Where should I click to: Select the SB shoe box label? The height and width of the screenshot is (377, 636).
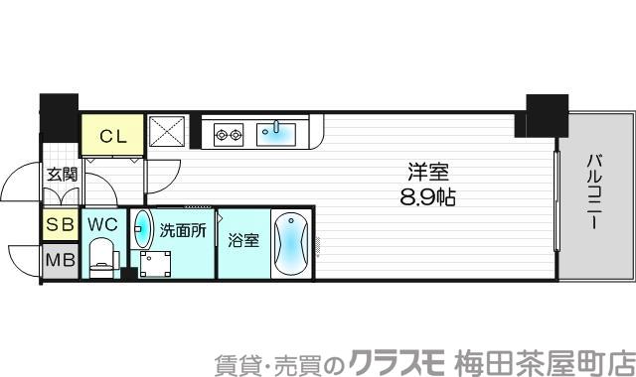point(59,225)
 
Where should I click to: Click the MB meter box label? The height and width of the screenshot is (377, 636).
point(59,261)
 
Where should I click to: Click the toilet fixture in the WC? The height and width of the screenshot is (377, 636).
point(101,260)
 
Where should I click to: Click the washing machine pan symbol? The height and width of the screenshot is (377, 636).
point(156,264)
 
